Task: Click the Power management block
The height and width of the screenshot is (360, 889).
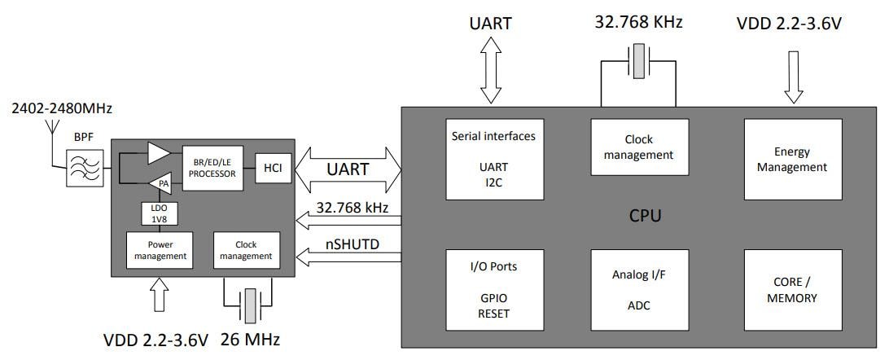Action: [x=159, y=250]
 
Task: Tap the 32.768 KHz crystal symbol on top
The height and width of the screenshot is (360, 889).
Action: [x=640, y=61]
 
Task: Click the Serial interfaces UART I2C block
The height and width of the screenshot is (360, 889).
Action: [x=494, y=159]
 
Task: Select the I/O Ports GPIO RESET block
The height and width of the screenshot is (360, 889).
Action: [x=494, y=290]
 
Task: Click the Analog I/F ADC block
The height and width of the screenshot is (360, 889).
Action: [x=640, y=290]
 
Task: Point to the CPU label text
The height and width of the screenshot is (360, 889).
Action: [x=645, y=216]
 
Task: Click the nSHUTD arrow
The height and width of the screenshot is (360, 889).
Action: [x=349, y=257]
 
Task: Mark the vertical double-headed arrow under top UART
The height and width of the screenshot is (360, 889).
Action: [x=491, y=73]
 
